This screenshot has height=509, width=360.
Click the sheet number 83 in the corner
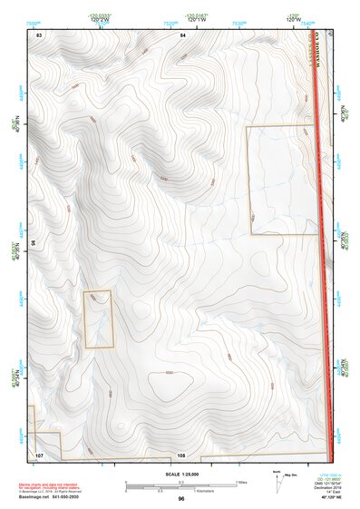pos(39,34)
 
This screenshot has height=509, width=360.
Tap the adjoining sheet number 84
pos(183,34)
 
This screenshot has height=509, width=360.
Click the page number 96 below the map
pos(181,499)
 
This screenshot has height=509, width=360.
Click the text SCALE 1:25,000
pos(182,475)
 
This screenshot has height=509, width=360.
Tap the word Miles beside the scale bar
pos(242,483)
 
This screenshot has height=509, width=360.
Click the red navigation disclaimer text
pos(50,488)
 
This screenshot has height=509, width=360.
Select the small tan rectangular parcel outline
pos(98,318)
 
